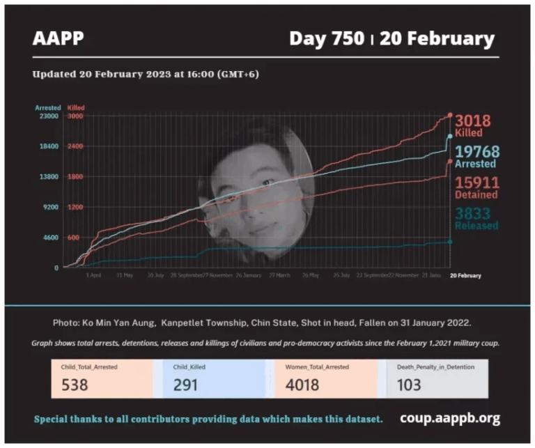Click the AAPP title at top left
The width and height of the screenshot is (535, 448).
58,38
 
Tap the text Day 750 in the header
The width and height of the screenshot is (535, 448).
326,38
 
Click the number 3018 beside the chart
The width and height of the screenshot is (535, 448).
473,121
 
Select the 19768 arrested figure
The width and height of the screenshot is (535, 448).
477,153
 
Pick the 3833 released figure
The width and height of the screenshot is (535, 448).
473,213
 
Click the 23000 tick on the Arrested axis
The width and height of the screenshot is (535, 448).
48,116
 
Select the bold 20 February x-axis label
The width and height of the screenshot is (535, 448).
465,276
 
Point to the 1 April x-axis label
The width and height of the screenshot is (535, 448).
93,276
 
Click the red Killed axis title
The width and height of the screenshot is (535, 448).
75,108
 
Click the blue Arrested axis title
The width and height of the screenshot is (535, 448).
47,108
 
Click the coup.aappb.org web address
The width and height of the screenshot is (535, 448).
450,418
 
